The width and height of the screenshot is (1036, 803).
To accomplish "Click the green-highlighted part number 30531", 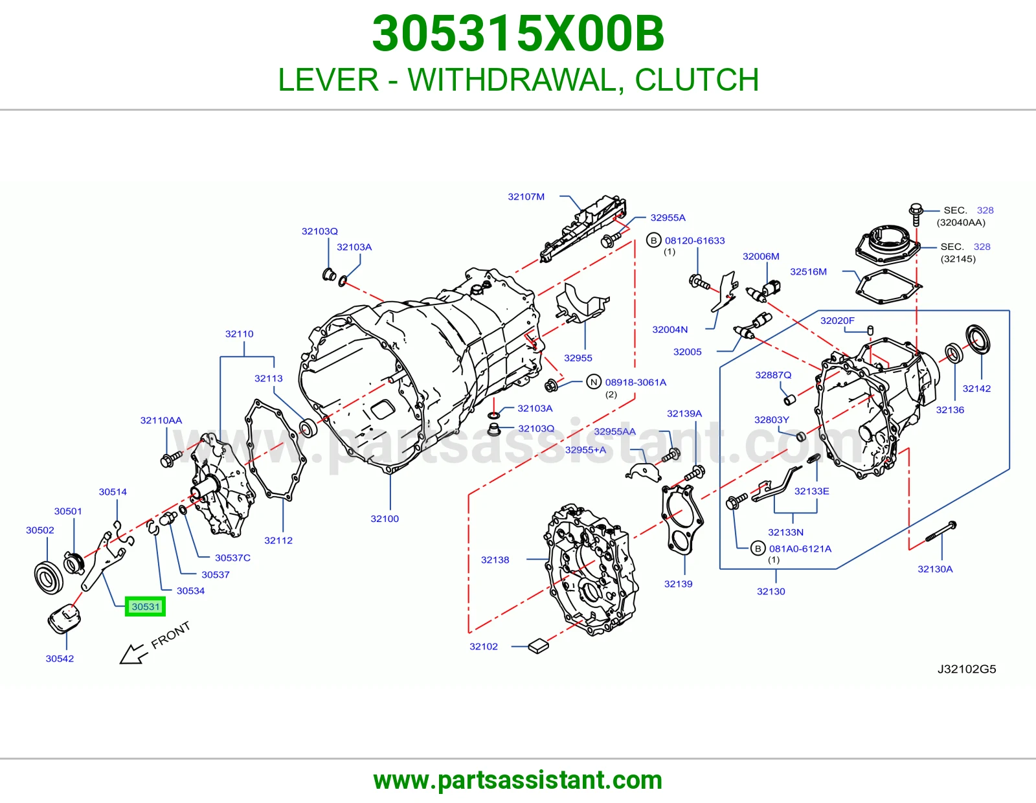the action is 146,607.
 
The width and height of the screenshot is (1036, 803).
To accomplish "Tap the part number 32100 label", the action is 385,519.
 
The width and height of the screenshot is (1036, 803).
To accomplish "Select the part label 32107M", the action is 526,197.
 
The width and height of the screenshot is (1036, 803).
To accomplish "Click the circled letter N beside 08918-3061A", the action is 594,382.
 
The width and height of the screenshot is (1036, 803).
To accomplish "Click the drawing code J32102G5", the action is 967,669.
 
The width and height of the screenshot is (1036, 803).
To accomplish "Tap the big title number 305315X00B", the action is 518,34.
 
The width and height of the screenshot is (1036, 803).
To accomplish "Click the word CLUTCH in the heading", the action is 697,80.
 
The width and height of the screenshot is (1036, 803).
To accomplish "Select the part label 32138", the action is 495,560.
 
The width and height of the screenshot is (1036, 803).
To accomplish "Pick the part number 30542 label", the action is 60,659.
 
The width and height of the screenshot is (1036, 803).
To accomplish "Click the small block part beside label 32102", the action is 538,646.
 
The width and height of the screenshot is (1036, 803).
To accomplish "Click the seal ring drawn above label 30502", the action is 49,578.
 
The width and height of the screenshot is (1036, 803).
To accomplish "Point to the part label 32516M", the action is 809,272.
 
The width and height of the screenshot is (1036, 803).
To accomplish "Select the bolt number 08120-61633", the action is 695,241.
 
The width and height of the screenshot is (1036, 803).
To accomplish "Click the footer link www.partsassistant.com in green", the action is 518,780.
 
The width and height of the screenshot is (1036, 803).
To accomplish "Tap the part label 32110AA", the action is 161,420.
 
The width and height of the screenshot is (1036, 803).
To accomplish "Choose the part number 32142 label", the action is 976,389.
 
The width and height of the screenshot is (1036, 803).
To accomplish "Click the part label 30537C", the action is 232,558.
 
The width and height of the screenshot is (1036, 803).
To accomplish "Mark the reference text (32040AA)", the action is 961,223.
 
